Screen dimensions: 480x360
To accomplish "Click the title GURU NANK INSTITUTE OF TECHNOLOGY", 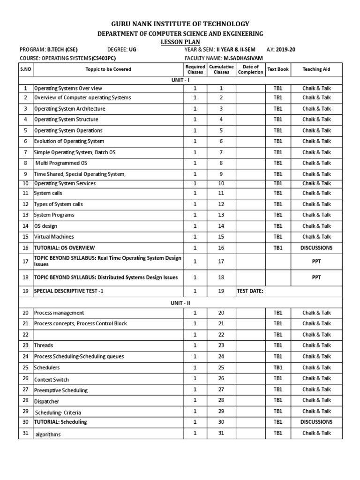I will [x=180, y=24].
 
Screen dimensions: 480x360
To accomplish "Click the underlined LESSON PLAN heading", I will [x=180, y=42].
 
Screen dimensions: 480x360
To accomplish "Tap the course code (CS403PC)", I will [x=104, y=58].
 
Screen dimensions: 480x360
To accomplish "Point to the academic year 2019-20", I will [x=286, y=50].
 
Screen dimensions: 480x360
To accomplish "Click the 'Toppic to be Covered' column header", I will [x=108, y=69].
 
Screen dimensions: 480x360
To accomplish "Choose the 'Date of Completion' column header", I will [x=250, y=69].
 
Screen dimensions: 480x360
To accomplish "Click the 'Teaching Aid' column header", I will [x=316, y=69].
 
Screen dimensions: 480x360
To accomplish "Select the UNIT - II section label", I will [x=180, y=303].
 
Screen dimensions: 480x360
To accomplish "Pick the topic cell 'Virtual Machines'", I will [x=54, y=237].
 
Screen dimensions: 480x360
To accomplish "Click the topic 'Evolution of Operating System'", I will [x=69, y=141].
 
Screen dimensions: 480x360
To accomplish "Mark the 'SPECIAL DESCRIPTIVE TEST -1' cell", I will [x=68, y=291].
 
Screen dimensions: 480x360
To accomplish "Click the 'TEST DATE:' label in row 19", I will [x=250, y=291].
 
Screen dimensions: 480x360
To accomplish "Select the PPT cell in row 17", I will [x=316, y=261].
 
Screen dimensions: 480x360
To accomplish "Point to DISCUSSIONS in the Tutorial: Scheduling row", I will [x=316, y=422].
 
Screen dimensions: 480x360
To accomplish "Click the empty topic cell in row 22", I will [x=108, y=335].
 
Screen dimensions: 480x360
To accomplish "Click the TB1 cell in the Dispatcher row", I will [x=278, y=400].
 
